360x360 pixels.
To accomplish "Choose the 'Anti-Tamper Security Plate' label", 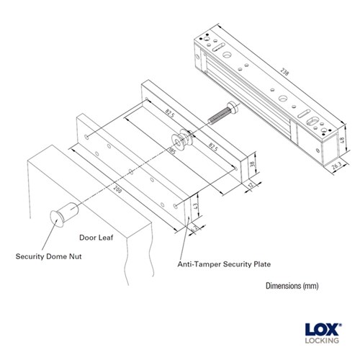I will [x=223, y=264].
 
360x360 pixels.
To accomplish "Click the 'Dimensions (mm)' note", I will [x=292, y=286].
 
